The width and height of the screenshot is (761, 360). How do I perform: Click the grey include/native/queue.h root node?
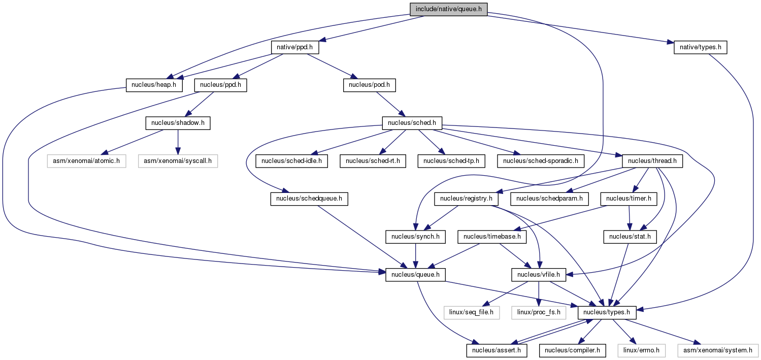tap(448, 9)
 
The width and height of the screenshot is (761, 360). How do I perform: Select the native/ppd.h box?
tap(295, 47)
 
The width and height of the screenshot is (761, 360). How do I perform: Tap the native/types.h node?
tap(700, 47)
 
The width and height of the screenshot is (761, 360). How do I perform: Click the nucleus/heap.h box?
tap(154, 85)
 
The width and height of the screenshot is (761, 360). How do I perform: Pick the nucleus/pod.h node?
tap(369, 85)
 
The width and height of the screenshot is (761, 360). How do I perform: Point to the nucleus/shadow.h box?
tap(178, 123)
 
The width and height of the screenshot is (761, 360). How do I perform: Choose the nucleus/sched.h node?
tap(412, 123)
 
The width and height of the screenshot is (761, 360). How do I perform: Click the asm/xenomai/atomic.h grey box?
tap(86, 161)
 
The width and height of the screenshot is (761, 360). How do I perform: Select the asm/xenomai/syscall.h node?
tap(178, 161)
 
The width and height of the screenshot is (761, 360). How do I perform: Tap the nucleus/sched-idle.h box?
tap(291, 161)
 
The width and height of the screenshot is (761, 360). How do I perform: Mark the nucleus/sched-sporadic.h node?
tap(541, 161)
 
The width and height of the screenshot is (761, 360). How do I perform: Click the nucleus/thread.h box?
tap(652, 161)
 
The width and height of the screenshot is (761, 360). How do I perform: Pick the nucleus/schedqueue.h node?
tap(309, 199)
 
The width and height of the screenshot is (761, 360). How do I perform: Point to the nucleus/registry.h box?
tap(466, 199)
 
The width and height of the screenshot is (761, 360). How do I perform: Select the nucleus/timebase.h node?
tap(492, 237)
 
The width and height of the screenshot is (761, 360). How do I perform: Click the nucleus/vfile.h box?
tap(539, 275)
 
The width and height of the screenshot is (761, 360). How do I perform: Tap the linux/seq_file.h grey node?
tap(472, 312)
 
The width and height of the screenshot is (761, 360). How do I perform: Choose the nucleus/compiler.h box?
tap(572, 350)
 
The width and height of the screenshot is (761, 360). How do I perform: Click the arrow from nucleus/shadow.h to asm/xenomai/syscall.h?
tap(178, 142)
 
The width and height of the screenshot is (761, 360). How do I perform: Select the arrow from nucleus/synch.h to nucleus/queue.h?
tap(415, 256)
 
